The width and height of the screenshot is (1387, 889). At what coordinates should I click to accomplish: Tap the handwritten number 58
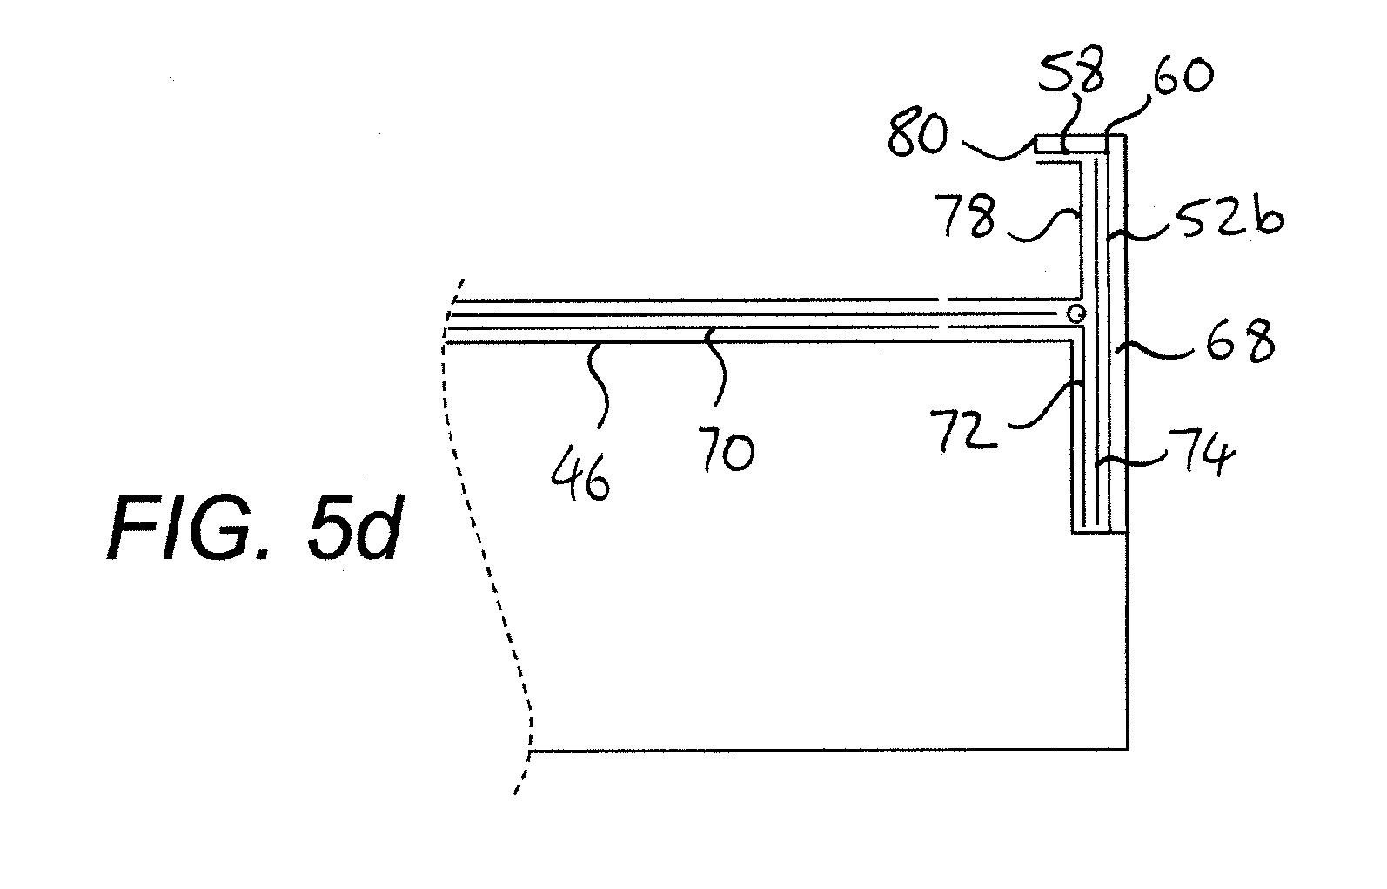pyautogui.click(x=1071, y=70)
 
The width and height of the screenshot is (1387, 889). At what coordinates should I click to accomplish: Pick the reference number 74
pyautogui.click(x=1202, y=455)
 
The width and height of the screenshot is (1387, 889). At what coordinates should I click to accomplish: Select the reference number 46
pyautogui.click(x=580, y=475)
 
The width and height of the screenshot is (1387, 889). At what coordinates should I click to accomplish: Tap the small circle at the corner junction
pyautogui.click(x=1076, y=313)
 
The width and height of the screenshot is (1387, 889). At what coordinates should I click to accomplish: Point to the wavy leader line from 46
pyautogui.click(x=600, y=385)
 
